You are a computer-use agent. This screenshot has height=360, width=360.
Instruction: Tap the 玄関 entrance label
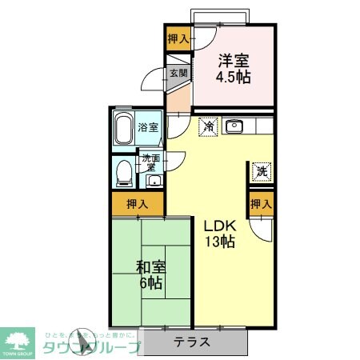[x=178, y=73]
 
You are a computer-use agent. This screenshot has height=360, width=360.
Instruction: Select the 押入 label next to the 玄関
[x=178, y=38]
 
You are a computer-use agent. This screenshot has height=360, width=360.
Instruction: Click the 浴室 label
[x=148, y=127]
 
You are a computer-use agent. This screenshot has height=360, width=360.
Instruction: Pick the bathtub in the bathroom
[x=124, y=128]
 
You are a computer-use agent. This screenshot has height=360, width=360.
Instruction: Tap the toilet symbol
[x=123, y=172]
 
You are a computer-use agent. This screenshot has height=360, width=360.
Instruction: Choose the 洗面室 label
[x=150, y=162]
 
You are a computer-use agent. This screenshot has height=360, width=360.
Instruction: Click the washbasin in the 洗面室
[x=152, y=180]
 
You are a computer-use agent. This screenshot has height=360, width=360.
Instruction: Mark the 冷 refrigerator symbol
[x=208, y=126]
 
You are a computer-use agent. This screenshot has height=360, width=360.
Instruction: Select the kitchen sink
[x=235, y=126]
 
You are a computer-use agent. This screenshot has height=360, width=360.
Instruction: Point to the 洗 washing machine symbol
[x=261, y=170]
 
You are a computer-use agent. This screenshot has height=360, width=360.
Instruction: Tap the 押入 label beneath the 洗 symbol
[x=261, y=205]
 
